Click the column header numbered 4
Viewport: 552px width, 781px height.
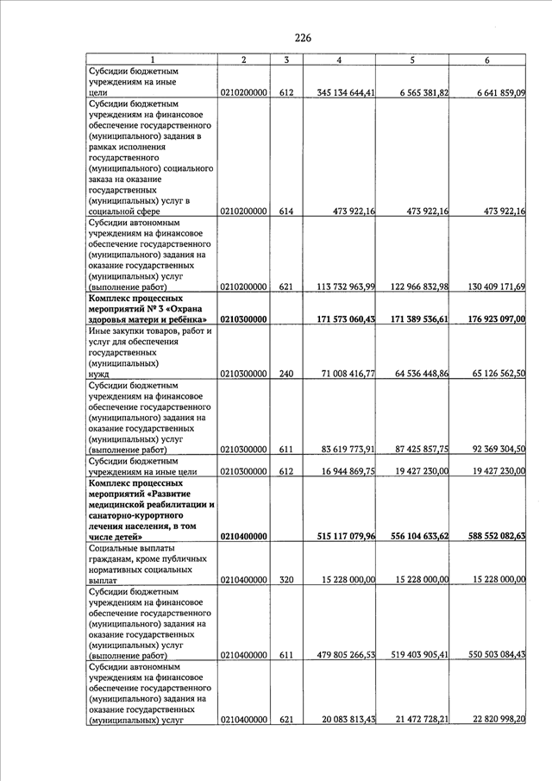(339, 60)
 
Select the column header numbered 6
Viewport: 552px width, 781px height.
(487, 60)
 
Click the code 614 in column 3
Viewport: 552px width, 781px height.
(287, 211)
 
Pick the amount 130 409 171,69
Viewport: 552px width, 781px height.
(487, 287)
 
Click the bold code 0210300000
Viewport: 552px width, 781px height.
(244, 319)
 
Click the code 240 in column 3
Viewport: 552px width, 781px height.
(287, 374)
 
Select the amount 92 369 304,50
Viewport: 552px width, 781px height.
(489, 450)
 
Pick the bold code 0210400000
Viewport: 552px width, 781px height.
(244, 536)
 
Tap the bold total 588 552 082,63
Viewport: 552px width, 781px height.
(487, 536)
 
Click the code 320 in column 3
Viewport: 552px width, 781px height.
(287, 580)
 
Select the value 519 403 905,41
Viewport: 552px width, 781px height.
(413, 656)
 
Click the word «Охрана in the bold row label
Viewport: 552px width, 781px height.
(191, 308)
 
